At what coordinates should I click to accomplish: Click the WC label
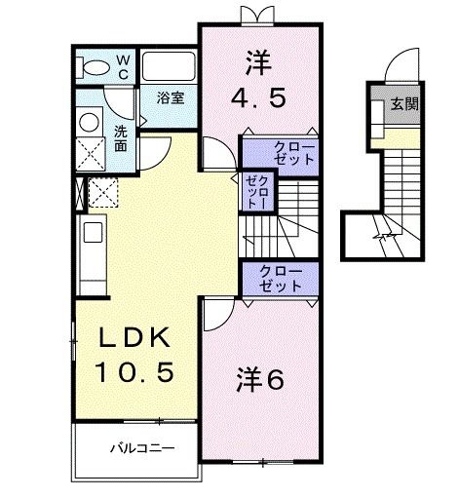[124, 65]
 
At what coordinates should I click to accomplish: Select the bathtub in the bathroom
[170, 67]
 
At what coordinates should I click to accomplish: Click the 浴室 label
[171, 97]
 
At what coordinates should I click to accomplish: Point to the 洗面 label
[120, 137]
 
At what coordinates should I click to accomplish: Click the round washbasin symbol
[90, 123]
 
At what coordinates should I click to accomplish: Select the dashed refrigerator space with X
[103, 192]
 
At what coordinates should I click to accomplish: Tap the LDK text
[134, 339]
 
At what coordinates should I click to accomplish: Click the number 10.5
[134, 371]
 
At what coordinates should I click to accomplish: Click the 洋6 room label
[259, 380]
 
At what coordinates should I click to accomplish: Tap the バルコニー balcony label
[140, 450]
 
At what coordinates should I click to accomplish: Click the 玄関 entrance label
[405, 103]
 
